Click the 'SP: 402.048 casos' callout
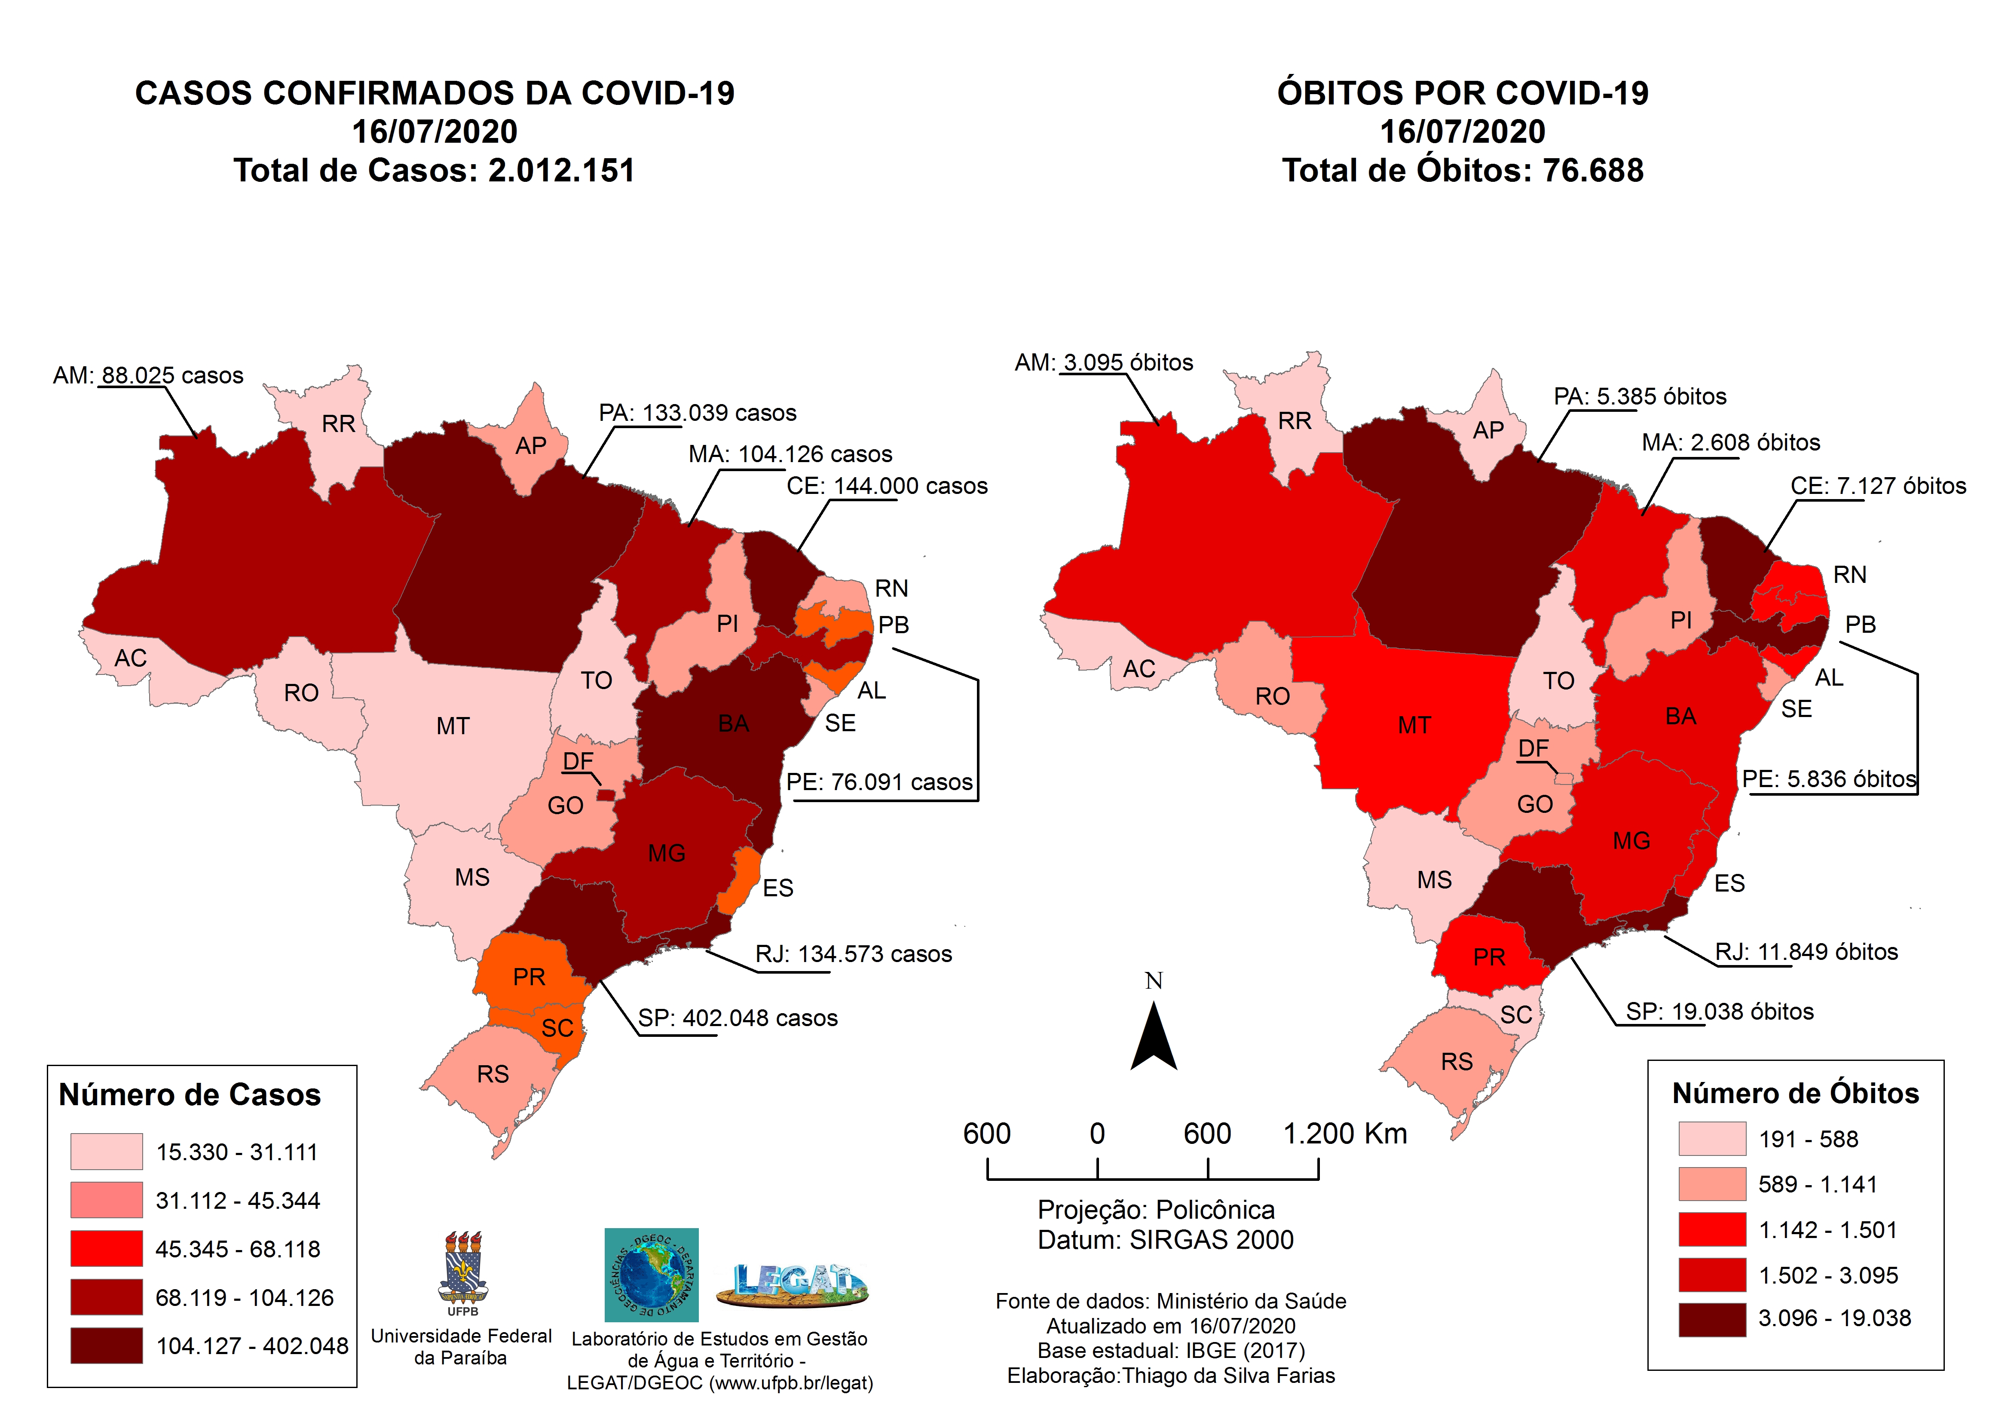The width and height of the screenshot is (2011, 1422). (738, 1018)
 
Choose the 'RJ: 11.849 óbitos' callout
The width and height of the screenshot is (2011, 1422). (1806, 953)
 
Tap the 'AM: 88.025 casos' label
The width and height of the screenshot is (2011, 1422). (148, 376)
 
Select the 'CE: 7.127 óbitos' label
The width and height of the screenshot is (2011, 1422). (1878, 486)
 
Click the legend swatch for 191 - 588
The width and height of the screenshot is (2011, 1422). (1711, 1139)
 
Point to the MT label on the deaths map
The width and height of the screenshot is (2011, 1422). (1414, 726)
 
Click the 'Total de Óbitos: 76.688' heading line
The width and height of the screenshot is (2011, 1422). (1462, 170)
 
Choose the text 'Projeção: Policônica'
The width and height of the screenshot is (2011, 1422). (1155, 1210)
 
